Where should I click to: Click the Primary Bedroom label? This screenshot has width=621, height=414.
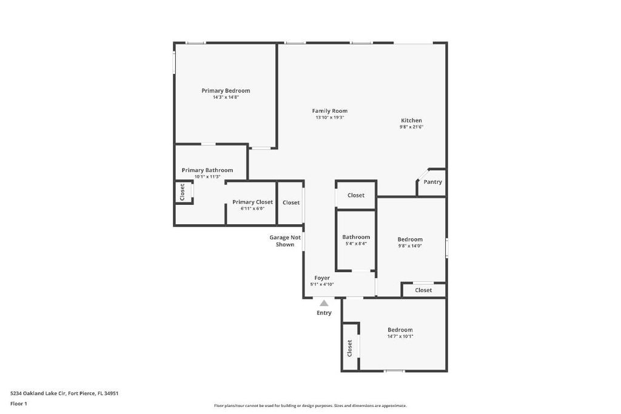pyautogui.click(x=226, y=91)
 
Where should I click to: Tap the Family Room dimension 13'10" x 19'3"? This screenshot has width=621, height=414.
pyautogui.click(x=329, y=118)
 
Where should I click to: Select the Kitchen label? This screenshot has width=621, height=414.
pyautogui.click(x=411, y=121)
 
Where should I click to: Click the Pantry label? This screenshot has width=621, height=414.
pyautogui.click(x=432, y=182)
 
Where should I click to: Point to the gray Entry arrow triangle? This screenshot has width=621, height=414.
pyautogui.click(x=324, y=303)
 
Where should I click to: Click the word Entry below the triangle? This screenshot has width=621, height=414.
pyautogui.click(x=324, y=313)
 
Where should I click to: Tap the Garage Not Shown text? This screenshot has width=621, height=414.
pyautogui.click(x=285, y=241)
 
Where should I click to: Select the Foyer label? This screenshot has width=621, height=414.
pyautogui.click(x=322, y=278)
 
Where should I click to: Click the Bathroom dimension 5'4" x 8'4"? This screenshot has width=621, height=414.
pyautogui.click(x=355, y=244)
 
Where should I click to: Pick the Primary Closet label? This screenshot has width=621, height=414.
pyautogui.click(x=252, y=202)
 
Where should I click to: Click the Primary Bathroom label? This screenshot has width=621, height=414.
pyautogui.click(x=207, y=170)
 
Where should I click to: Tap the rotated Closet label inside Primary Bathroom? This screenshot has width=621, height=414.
pyautogui.click(x=182, y=192)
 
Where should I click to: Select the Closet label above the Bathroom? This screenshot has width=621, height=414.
pyautogui.click(x=356, y=195)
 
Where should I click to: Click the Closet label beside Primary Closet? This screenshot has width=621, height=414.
pyautogui.click(x=291, y=202)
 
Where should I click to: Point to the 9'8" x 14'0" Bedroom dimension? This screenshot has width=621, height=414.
pyautogui.click(x=410, y=246)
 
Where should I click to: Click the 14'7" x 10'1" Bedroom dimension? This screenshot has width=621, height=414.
pyautogui.click(x=400, y=336)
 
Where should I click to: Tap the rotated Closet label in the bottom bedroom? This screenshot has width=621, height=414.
pyautogui.click(x=350, y=347)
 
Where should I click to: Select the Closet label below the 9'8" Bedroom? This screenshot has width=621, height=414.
pyautogui.click(x=423, y=290)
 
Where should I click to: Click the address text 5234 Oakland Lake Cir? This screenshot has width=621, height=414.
pyautogui.click(x=64, y=393)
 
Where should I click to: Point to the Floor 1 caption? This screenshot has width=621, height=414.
pyautogui.click(x=19, y=404)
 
